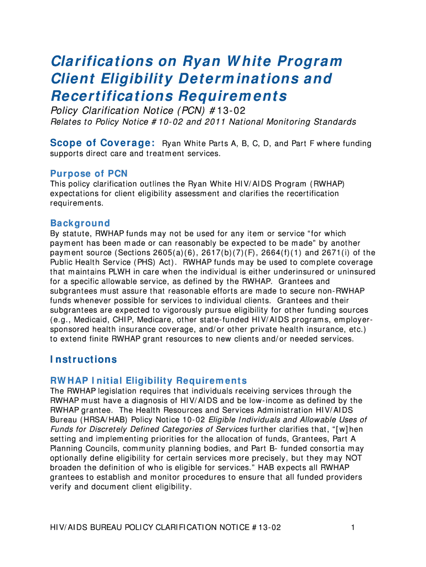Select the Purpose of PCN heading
point(89,173)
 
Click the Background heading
point(80,223)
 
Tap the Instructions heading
point(84,359)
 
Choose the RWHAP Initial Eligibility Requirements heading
point(148,380)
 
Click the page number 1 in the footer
point(352,528)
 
